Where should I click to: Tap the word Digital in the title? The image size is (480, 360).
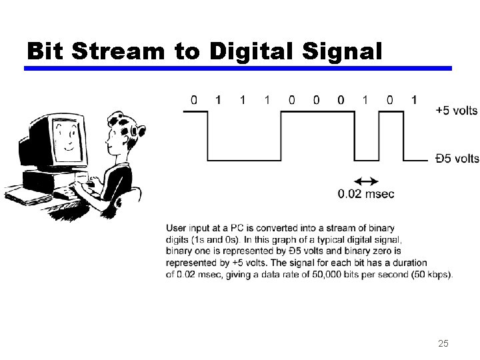pos(254,50)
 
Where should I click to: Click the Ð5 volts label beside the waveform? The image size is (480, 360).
pos(457,158)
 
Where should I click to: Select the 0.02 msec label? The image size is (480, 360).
pos(366,194)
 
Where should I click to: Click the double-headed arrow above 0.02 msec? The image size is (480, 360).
pos(365,181)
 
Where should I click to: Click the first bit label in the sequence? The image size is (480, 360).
pos(194,100)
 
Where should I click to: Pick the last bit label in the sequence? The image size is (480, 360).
pos(414,100)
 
